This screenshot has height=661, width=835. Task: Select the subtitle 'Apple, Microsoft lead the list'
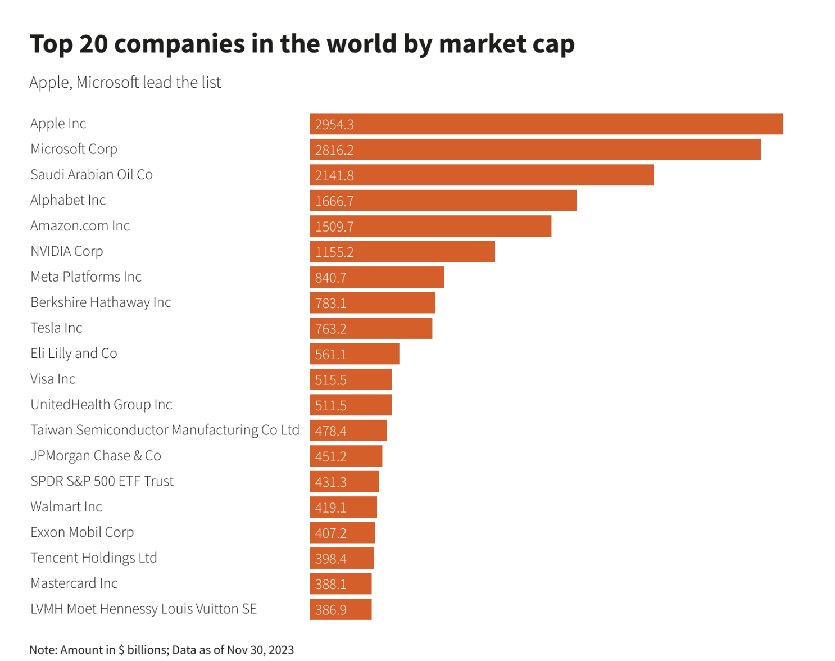click(125, 83)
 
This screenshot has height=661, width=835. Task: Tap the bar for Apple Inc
click(546, 124)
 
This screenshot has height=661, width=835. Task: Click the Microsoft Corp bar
click(535, 150)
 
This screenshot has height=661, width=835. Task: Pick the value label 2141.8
click(334, 175)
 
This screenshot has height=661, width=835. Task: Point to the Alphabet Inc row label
click(68, 200)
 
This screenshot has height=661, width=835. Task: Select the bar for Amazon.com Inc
click(430, 226)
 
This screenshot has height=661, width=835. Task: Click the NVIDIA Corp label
click(67, 251)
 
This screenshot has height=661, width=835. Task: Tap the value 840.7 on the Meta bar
click(331, 278)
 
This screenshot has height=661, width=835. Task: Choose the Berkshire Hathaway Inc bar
click(373, 303)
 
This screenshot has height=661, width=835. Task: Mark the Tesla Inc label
click(56, 328)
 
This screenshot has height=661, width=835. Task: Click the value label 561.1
click(331, 354)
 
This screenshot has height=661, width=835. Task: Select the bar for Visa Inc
click(351, 379)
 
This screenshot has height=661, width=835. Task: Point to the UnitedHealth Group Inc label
click(101, 405)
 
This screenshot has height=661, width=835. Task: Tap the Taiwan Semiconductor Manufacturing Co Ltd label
click(165, 430)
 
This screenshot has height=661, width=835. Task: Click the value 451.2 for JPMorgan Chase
click(331, 456)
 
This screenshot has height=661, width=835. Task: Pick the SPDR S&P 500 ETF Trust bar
click(344, 482)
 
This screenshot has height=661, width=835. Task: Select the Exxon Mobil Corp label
click(82, 532)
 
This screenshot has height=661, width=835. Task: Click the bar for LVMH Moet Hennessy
click(341, 609)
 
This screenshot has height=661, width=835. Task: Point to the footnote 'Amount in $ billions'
click(114, 650)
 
